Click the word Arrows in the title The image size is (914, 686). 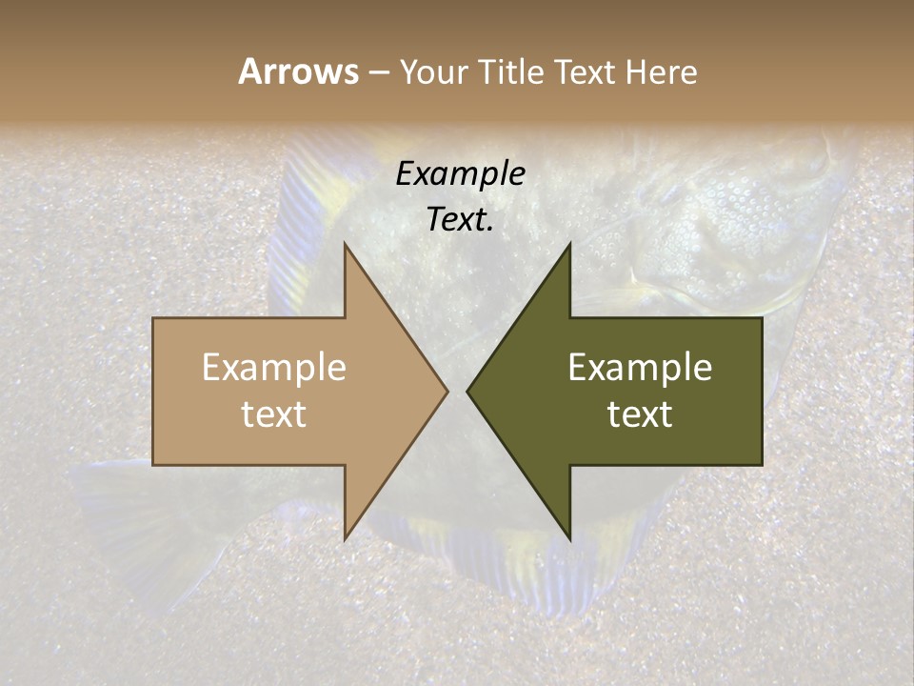coord(298,71)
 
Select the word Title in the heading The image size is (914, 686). coord(509,71)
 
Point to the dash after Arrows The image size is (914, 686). coord(378,72)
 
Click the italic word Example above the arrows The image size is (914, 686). coord(461,173)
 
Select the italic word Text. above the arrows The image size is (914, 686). coord(461,219)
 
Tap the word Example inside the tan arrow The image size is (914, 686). coord(274,367)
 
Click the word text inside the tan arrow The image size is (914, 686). coord(274,414)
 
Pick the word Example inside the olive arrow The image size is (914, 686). coord(640,367)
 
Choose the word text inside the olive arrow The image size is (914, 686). coord(640,414)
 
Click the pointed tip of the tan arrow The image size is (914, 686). coord(447,391)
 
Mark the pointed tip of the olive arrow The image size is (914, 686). coord(467,391)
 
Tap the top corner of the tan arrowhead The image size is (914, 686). coord(346,244)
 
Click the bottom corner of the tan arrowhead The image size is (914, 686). coord(346,538)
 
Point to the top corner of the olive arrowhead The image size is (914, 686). coord(569,244)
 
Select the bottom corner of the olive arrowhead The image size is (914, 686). coord(569,538)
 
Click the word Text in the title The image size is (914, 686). coord(587,71)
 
